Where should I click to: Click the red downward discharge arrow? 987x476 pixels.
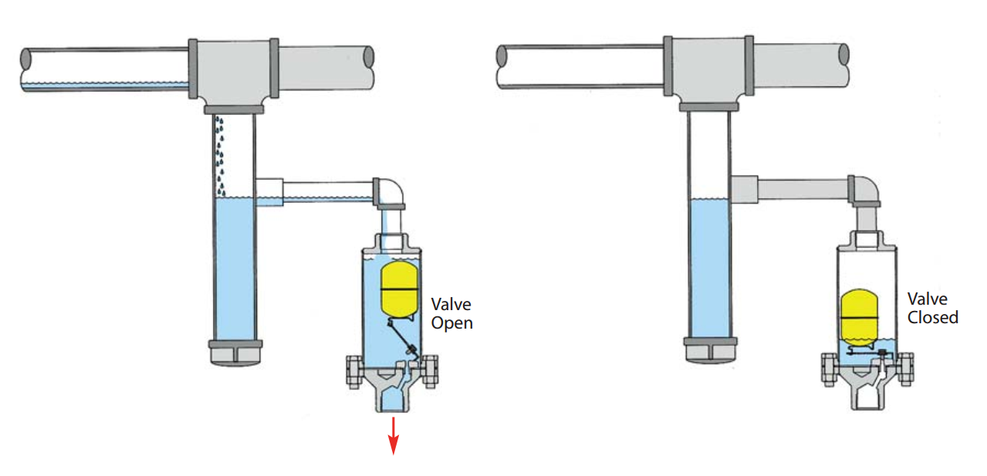coord(393,436)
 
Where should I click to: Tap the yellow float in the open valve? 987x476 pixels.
coord(399,289)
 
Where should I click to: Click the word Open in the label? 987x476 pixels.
coord(451,323)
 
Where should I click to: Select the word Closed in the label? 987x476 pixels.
coord(932,317)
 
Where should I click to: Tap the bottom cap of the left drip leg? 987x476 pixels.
coord(235,353)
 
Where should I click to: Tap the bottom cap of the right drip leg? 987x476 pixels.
coord(710,349)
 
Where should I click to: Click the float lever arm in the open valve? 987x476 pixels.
coord(402,336)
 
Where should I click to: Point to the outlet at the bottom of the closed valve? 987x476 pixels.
coord(867,398)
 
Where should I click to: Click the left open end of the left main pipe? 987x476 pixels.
coord(26,69)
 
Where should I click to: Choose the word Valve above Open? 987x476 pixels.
coord(451,305)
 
